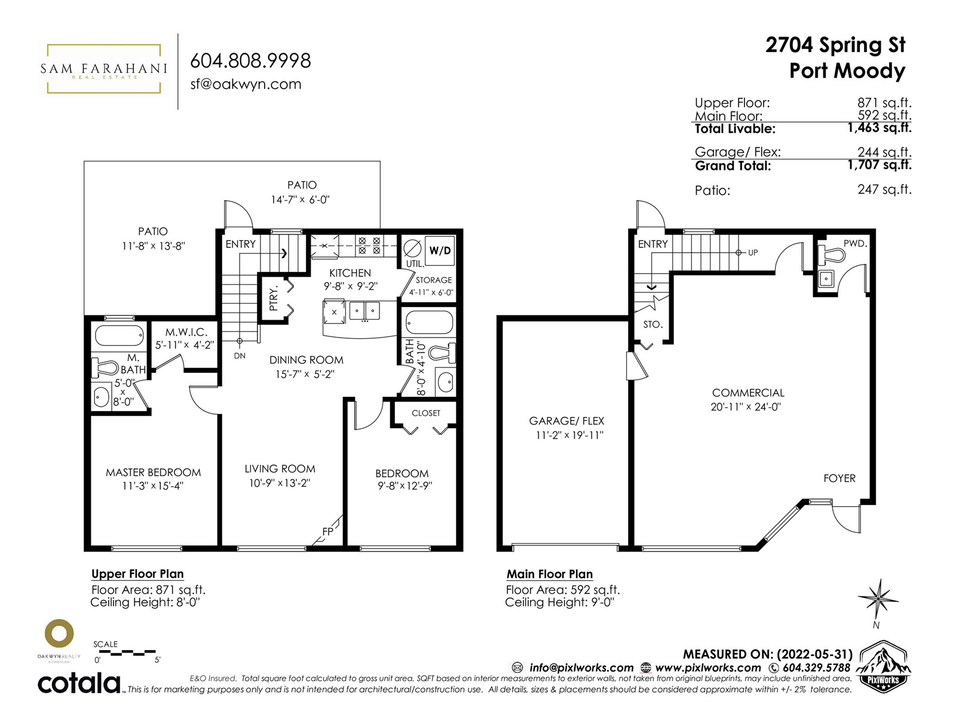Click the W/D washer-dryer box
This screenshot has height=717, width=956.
click(439, 250)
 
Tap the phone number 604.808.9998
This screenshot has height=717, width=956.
click(250, 60)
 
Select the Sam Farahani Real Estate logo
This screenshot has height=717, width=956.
click(103, 69)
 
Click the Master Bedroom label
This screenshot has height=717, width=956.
click(154, 473)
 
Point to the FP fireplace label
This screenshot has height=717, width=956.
click(327, 531)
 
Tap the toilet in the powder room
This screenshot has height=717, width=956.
click(831, 256)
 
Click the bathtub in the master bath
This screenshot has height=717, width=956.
click(119, 336)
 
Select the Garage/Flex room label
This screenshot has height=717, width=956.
click(566, 421)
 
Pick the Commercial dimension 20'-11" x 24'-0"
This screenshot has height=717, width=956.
click(746, 407)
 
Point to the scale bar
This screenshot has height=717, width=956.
click(124, 652)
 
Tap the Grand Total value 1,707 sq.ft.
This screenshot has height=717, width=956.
click(880, 165)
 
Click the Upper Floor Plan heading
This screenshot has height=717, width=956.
click(137, 574)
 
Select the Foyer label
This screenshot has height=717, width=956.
click(839, 479)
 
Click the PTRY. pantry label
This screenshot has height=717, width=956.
click(273, 299)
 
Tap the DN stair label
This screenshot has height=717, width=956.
click(240, 356)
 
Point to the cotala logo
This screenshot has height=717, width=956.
click(79, 684)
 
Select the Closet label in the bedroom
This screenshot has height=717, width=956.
click(426, 413)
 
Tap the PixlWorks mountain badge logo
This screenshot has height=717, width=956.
click(883, 666)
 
